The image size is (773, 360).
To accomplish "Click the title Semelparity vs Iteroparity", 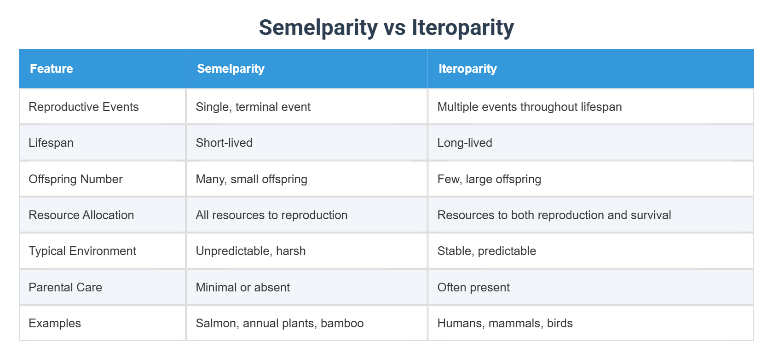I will pyautogui.click(x=386, y=27).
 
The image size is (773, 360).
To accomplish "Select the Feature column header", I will pyautogui.click(x=52, y=69).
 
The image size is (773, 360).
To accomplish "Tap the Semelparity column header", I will pyautogui.click(x=231, y=69).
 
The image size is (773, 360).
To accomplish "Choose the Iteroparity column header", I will pyautogui.click(x=467, y=69).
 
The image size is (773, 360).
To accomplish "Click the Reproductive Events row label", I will pyautogui.click(x=84, y=107).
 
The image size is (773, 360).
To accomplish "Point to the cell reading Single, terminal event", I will pyautogui.click(x=253, y=107).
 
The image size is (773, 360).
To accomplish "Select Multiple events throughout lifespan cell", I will pyautogui.click(x=529, y=107).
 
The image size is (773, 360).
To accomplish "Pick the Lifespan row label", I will pyautogui.click(x=51, y=143).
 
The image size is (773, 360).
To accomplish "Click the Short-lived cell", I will pyautogui.click(x=224, y=143).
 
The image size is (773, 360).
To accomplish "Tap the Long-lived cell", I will pyautogui.click(x=465, y=143).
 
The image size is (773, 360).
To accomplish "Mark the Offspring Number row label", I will pyautogui.click(x=75, y=179).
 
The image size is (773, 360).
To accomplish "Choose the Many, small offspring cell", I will pyautogui.click(x=251, y=179).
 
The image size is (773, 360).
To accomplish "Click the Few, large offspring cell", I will pyautogui.click(x=489, y=179).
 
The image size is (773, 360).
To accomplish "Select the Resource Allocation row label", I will pyautogui.click(x=81, y=215).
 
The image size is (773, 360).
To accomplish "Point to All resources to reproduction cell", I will pyautogui.click(x=271, y=215).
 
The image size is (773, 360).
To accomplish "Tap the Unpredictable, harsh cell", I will pyautogui.click(x=251, y=251).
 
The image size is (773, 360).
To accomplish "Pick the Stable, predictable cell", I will pyautogui.click(x=486, y=251).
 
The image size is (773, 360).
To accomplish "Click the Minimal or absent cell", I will pyautogui.click(x=242, y=287).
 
